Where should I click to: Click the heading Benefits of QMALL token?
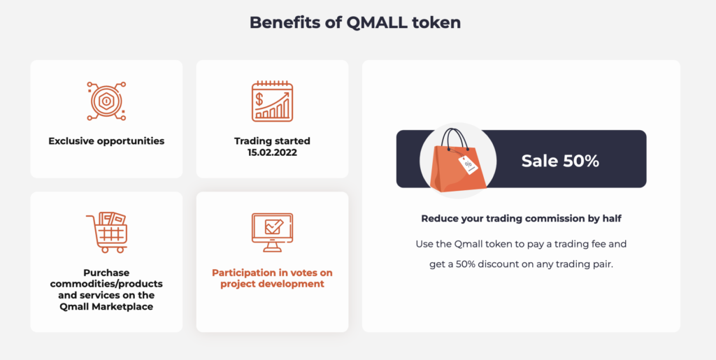pyautogui.click(x=355, y=22)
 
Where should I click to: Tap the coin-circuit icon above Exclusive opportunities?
pyautogui.click(x=106, y=101)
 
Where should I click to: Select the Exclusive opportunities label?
pyautogui.click(x=106, y=141)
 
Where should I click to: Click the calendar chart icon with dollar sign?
pyautogui.click(x=272, y=101)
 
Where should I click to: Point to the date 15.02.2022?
pyautogui.click(x=272, y=153)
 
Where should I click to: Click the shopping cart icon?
pyautogui.click(x=107, y=232)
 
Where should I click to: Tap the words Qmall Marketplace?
pyautogui.click(x=106, y=307)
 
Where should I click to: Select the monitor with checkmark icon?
pyautogui.click(x=272, y=232)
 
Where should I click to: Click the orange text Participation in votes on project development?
pyautogui.click(x=272, y=278)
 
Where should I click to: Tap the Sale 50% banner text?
pyautogui.click(x=560, y=161)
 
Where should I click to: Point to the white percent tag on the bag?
pyautogui.click(x=468, y=165)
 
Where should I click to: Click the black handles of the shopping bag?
pyautogui.click(x=456, y=140)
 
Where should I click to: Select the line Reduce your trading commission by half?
pyautogui.click(x=521, y=219)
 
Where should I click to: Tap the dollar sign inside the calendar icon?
pyautogui.click(x=259, y=99)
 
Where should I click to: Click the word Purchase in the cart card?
pyautogui.click(x=106, y=273)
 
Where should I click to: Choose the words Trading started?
pyautogui.click(x=272, y=141)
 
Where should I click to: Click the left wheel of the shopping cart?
pyautogui.click(x=106, y=250)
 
